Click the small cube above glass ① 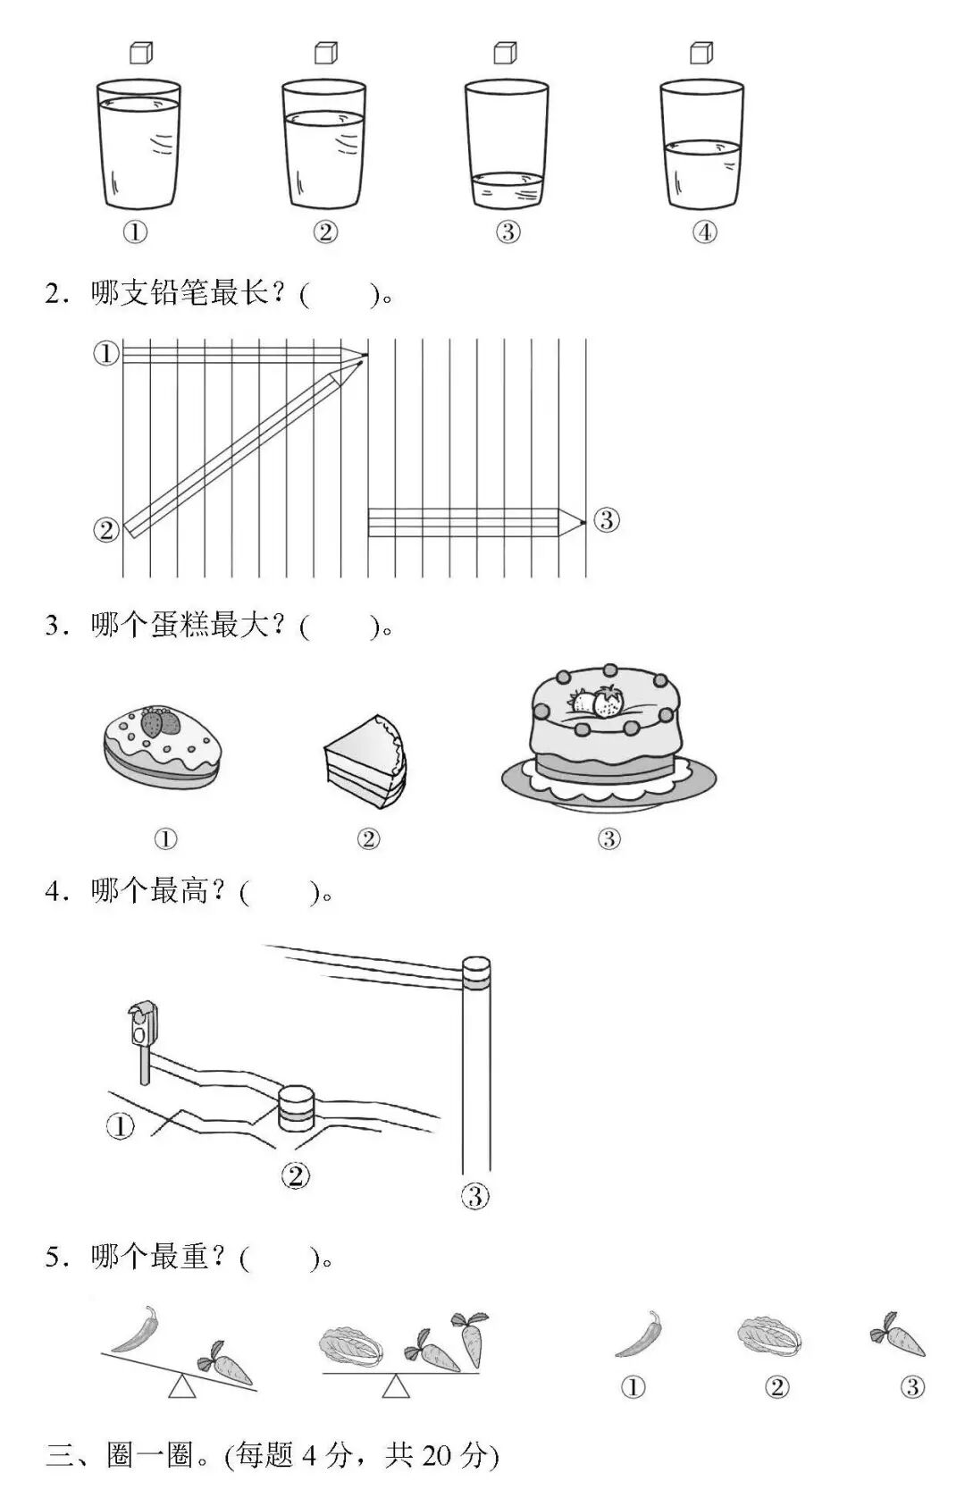141,53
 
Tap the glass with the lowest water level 507,147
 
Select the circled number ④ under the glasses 705,232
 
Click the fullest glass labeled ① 138,147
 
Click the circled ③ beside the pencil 607,520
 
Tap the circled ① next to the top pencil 106,353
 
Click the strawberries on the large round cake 598,702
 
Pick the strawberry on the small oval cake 159,721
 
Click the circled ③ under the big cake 608,838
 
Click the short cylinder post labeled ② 296,1108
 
